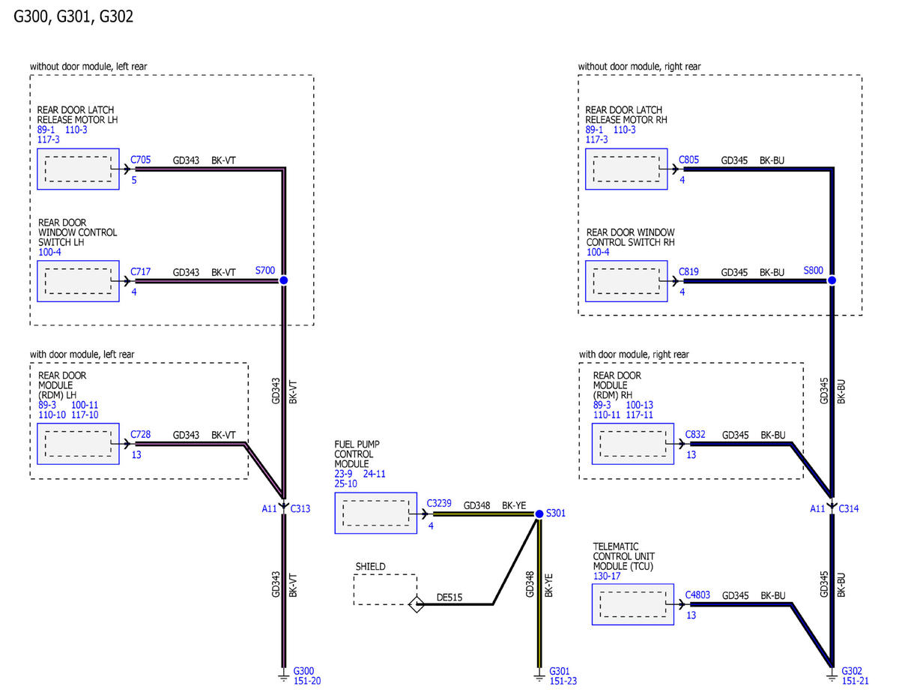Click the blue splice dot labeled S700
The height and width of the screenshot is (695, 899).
tap(283, 280)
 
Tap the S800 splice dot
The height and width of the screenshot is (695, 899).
tap(832, 280)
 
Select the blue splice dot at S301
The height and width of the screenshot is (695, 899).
tap(539, 514)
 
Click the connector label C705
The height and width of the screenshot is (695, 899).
tap(140, 160)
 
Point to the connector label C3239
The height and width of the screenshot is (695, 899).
tap(438, 504)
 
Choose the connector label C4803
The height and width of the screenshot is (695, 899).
tap(697, 595)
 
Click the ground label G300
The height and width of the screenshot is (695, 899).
tap(303, 670)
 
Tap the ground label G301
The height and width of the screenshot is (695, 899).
tap(560, 670)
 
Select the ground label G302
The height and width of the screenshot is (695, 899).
tap(852, 670)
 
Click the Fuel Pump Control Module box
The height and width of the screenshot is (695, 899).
tap(375, 514)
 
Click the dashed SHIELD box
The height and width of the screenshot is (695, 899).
tap(385, 589)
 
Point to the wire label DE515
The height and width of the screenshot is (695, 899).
tap(449, 598)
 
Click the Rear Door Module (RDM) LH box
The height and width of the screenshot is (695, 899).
tap(78, 443)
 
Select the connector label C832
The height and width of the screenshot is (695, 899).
tap(695, 434)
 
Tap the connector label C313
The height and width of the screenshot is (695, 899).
tap(300, 508)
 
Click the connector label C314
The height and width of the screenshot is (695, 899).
tap(849, 508)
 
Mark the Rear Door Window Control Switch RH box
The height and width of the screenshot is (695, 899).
tap(626, 281)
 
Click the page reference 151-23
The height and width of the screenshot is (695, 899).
tap(563, 681)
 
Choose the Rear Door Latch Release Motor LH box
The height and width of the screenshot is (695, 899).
tap(78, 169)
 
